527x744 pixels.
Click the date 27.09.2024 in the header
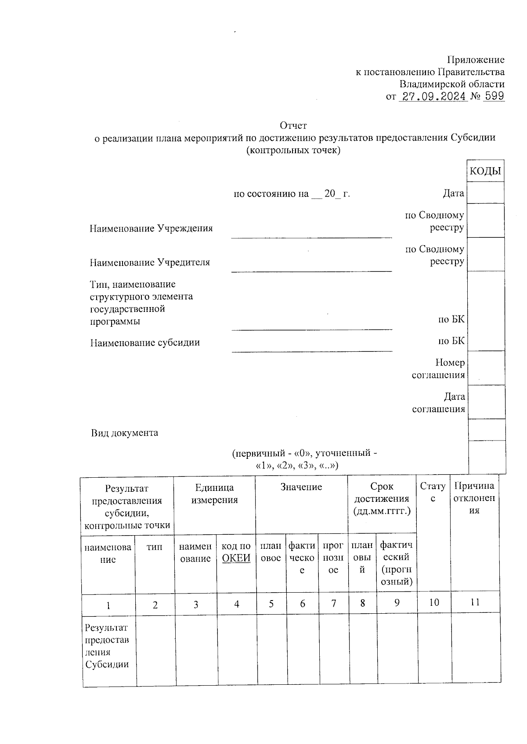point(432,96)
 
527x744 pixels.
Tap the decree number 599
point(494,96)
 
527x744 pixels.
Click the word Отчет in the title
point(293,126)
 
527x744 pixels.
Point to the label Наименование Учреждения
point(151,229)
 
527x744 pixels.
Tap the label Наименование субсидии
point(145,343)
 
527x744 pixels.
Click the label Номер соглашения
point(439,369)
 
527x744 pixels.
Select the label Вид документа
point(125,433)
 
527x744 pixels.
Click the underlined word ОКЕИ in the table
point(236,558)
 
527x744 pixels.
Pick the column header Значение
point(301,487)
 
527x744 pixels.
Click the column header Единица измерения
point(214,494)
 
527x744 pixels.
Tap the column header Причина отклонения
point(474,498)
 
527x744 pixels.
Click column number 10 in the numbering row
point(434,602)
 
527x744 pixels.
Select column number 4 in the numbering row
point(237,604)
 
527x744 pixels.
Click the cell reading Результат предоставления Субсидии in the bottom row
point(108,646)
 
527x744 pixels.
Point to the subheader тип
point(155,547)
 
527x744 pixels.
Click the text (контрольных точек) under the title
point(293,150)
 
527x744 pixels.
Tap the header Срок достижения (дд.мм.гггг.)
point(382,499)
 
